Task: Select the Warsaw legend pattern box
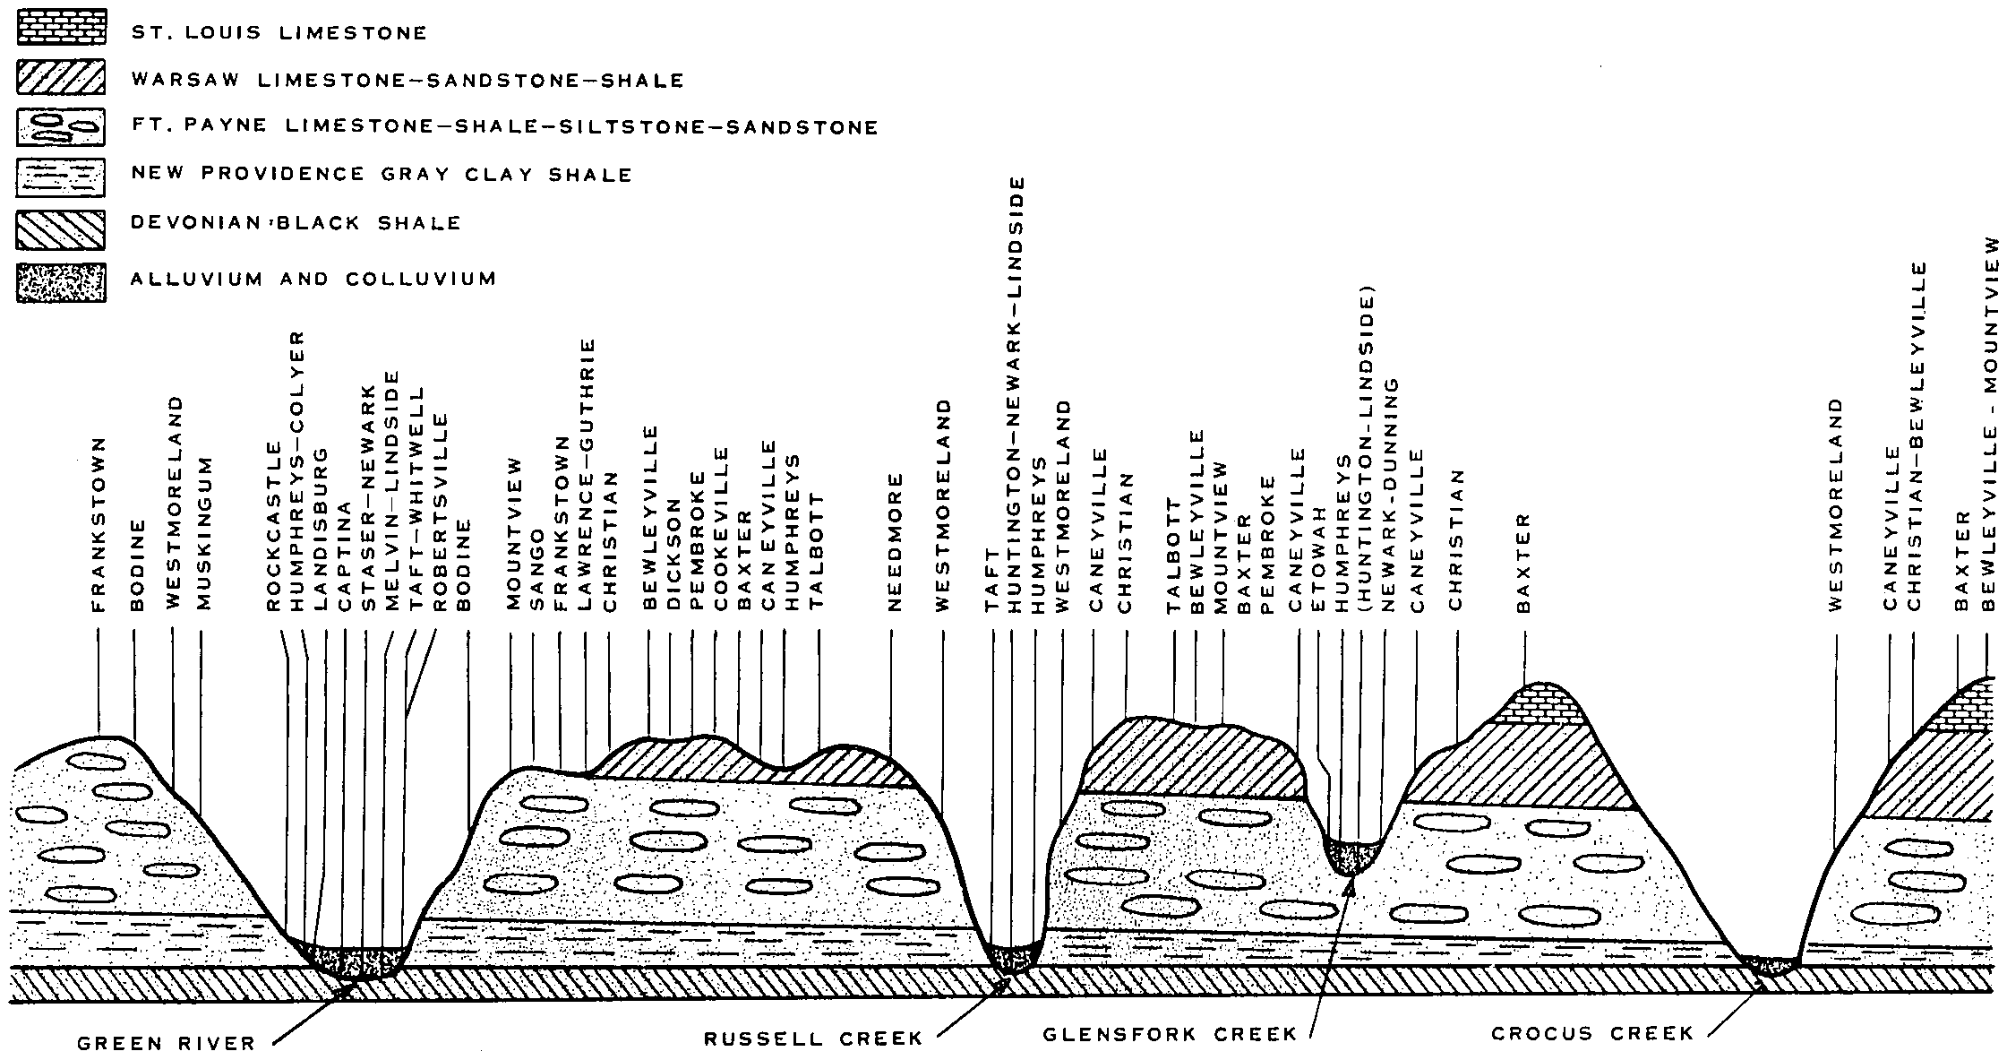coord(60,77)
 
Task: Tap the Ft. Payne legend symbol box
coord(60,126)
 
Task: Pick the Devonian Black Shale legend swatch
coord(60,229)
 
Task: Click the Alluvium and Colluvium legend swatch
coord(60,283)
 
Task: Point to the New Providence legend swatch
coord(60,177)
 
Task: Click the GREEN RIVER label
coord(166,1043)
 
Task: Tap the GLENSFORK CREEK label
coord(1170,1035)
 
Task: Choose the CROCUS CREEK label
coord(1592,1034)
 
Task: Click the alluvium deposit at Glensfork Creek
coord(1351,857)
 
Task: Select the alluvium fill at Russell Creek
coord(1013,958)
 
